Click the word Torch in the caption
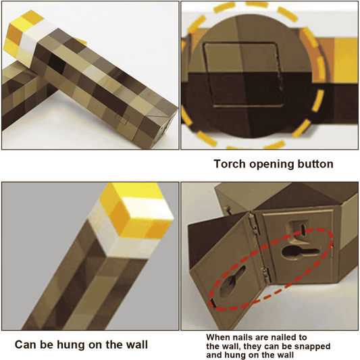tap(230, 163)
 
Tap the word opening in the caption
tap(272, 163)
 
